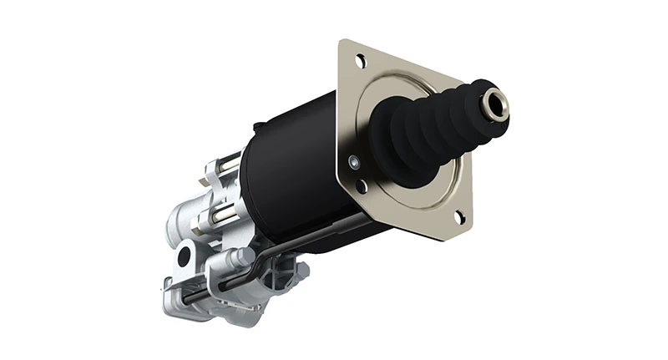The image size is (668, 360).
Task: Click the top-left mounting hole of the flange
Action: [360, 61]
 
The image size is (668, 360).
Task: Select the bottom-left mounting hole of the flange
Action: [362, 187]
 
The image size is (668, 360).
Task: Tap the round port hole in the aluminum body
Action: [185, 256]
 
